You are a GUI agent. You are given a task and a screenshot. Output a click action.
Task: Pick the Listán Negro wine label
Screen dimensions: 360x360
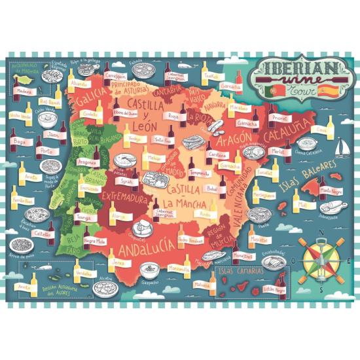tap(276, 289)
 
